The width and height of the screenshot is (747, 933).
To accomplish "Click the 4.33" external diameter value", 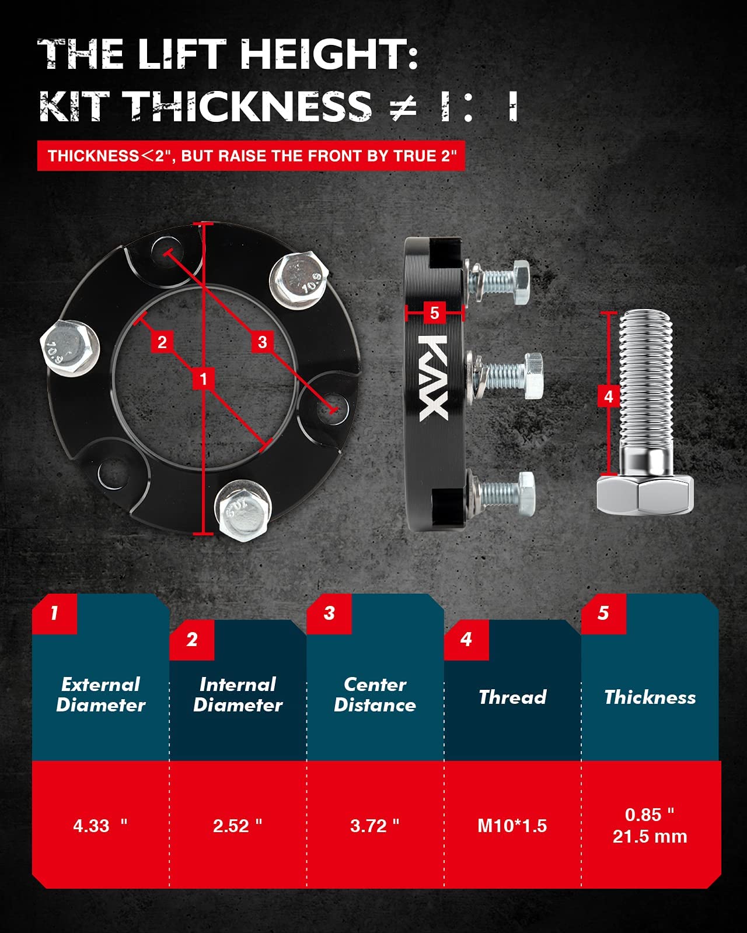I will tap(99, 826).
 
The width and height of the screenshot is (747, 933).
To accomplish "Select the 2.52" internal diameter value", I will tap(238, 826).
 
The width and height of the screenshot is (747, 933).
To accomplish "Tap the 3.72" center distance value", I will tap(375, 826).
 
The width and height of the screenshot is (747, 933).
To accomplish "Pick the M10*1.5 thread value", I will tap(512, 826).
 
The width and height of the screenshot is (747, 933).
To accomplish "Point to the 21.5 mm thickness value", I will tap(650, 837).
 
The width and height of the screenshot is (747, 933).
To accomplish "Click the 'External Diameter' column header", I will tap(100, 695).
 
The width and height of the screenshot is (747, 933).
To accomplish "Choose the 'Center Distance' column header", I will tap(375, 695).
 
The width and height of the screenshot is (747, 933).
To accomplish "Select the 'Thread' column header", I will tap(512, 697).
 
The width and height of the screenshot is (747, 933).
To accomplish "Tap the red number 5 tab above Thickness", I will tap(603, 613).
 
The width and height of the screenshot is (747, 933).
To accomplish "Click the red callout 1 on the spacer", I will tap(203, 379).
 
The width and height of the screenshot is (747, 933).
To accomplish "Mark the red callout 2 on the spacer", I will tap(162, 342).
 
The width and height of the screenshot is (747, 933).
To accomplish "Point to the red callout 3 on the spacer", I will tap(262, 342).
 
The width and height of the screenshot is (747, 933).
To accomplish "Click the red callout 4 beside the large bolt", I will tap(608, 397).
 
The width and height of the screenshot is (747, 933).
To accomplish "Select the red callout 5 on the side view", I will tap(434, 313).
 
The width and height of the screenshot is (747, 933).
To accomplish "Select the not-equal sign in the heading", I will tap(403, 107).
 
